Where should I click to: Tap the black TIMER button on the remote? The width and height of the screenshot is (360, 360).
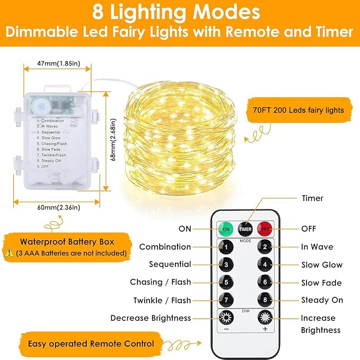point(245,229)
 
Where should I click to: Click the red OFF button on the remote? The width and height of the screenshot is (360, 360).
point(264,229)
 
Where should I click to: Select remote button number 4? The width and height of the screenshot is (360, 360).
point(264,265)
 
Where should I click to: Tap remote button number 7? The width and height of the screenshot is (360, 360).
point(226,300)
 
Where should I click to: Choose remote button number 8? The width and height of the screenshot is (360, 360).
point(264,300)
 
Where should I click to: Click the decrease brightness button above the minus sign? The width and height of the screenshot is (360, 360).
point(226,318)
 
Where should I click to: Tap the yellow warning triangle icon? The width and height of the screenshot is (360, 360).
point(9,253)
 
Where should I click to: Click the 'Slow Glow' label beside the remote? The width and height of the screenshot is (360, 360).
point(322,265)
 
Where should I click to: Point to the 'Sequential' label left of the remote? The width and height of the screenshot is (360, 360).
point(170,264)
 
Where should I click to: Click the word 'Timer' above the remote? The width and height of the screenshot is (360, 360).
point(312,198)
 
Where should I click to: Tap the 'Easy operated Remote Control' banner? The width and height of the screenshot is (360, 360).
point(91,344)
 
